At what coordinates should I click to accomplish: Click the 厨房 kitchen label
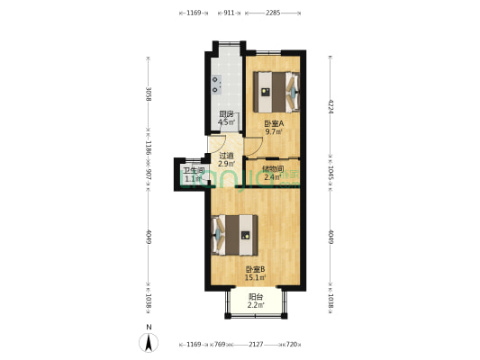(226, 114)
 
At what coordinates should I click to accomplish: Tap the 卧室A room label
(274, 123)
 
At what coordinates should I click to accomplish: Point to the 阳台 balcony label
(256, 298)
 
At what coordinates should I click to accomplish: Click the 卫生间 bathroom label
(194, 170)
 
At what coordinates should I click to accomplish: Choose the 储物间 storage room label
(273, 168)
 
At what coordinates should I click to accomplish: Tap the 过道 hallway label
(226, 155)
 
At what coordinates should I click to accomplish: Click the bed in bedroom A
(276, 87)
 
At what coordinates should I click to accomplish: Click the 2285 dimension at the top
(274, 13)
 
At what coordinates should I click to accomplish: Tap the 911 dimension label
(229, 13)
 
